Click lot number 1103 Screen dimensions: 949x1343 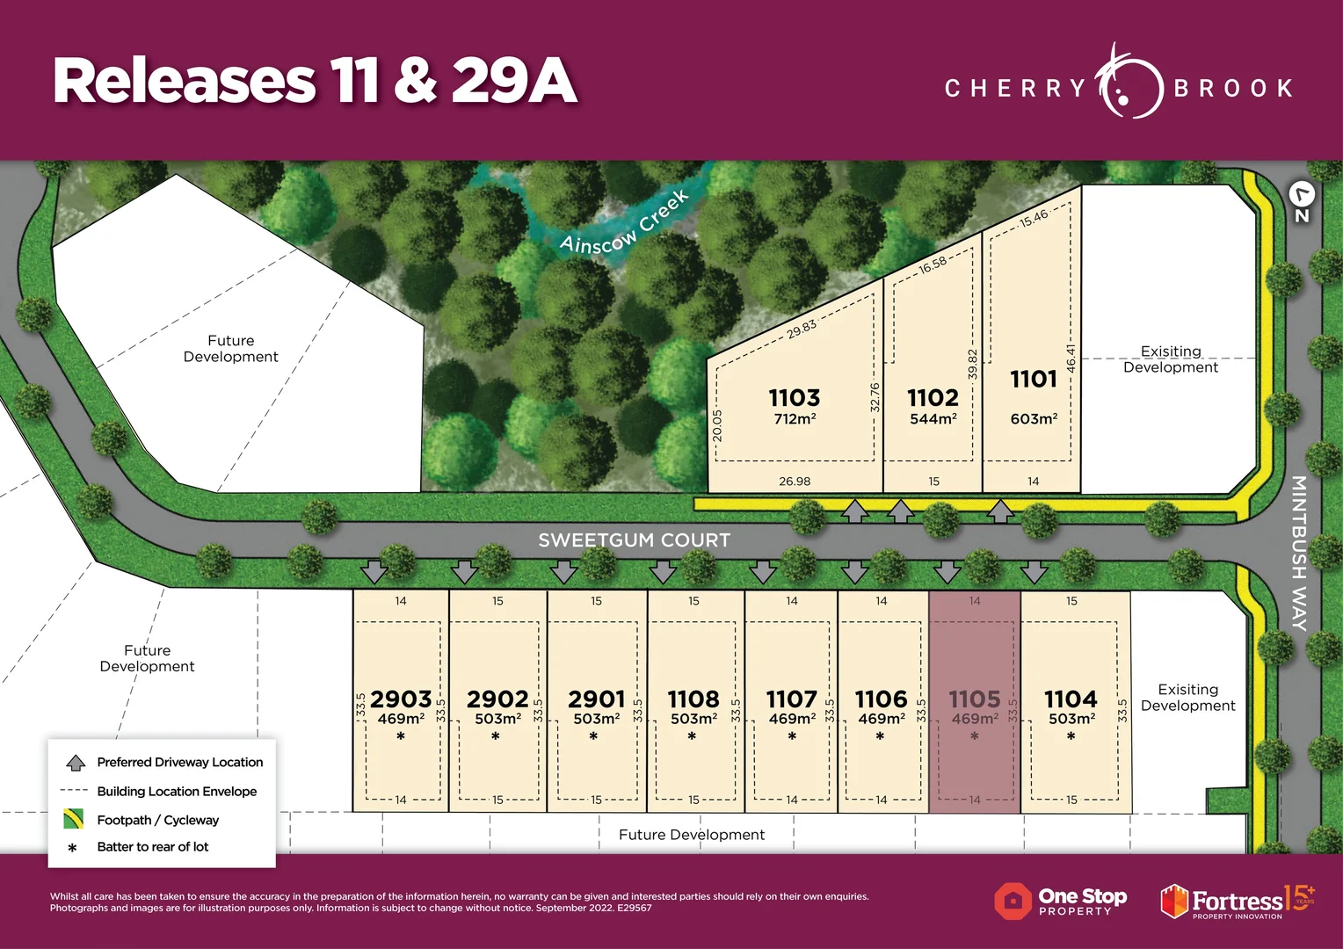(x=794, y=398)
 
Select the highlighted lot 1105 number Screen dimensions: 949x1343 (x=974, y=699)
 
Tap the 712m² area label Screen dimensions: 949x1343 (x=794, y=419)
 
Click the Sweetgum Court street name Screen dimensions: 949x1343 (x=634, y=540)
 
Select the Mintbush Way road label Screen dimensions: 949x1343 (x=1299, y=553)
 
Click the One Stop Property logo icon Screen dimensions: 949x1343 (x=1013, y=901)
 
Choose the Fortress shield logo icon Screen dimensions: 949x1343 (x=1174, y=902)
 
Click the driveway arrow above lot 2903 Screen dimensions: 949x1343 (x=374, y=572)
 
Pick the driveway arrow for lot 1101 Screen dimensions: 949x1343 (x=1000, y=511)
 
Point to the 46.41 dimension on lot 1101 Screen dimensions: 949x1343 (x=1071, y=359)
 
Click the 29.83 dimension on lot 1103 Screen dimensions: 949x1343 (x=801, y=329)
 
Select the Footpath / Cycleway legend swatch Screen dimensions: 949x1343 (x=74, y=819)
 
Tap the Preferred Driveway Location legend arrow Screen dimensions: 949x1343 (x=76, y=763)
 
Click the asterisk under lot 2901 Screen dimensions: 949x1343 (x=594, y=737)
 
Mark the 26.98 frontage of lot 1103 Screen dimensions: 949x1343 (x=795, y=481)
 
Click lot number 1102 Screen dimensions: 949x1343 (x=933, y=398)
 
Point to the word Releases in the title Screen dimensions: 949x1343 (x=184, y=81)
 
